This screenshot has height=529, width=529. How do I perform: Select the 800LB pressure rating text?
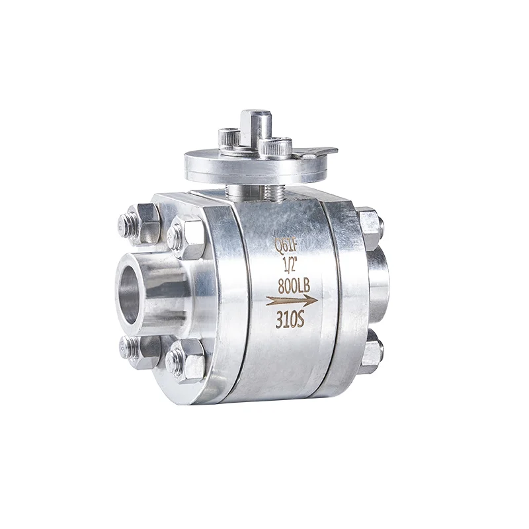coord(292,286)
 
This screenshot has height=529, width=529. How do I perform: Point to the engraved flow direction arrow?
coord(291,301)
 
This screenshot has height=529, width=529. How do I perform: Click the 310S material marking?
coord(290,321)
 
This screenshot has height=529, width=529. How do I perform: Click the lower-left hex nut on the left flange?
coord(140,350)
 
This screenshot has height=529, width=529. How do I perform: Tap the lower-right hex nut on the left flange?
coord(187,362)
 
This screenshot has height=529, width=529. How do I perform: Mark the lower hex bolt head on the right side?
coord(372,351)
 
